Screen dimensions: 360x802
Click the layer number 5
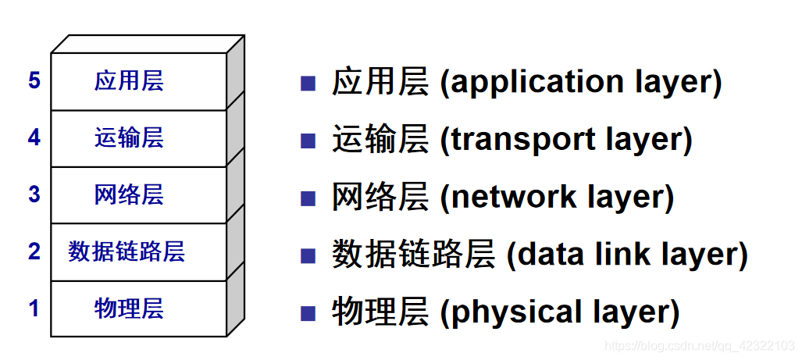point(34,80)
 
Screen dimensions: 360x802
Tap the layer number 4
point(34,138)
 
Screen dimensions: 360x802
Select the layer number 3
point(34,194)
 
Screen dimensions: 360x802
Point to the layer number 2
point(34,251)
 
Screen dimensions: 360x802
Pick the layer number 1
point(34,308)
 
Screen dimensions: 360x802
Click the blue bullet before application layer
point(308,83)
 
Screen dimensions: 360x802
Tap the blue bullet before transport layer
point(308,141)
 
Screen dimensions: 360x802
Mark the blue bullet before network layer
point(308,198)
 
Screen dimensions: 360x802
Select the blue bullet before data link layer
point(308,255)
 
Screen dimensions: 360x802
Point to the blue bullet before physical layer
point(308,312)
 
